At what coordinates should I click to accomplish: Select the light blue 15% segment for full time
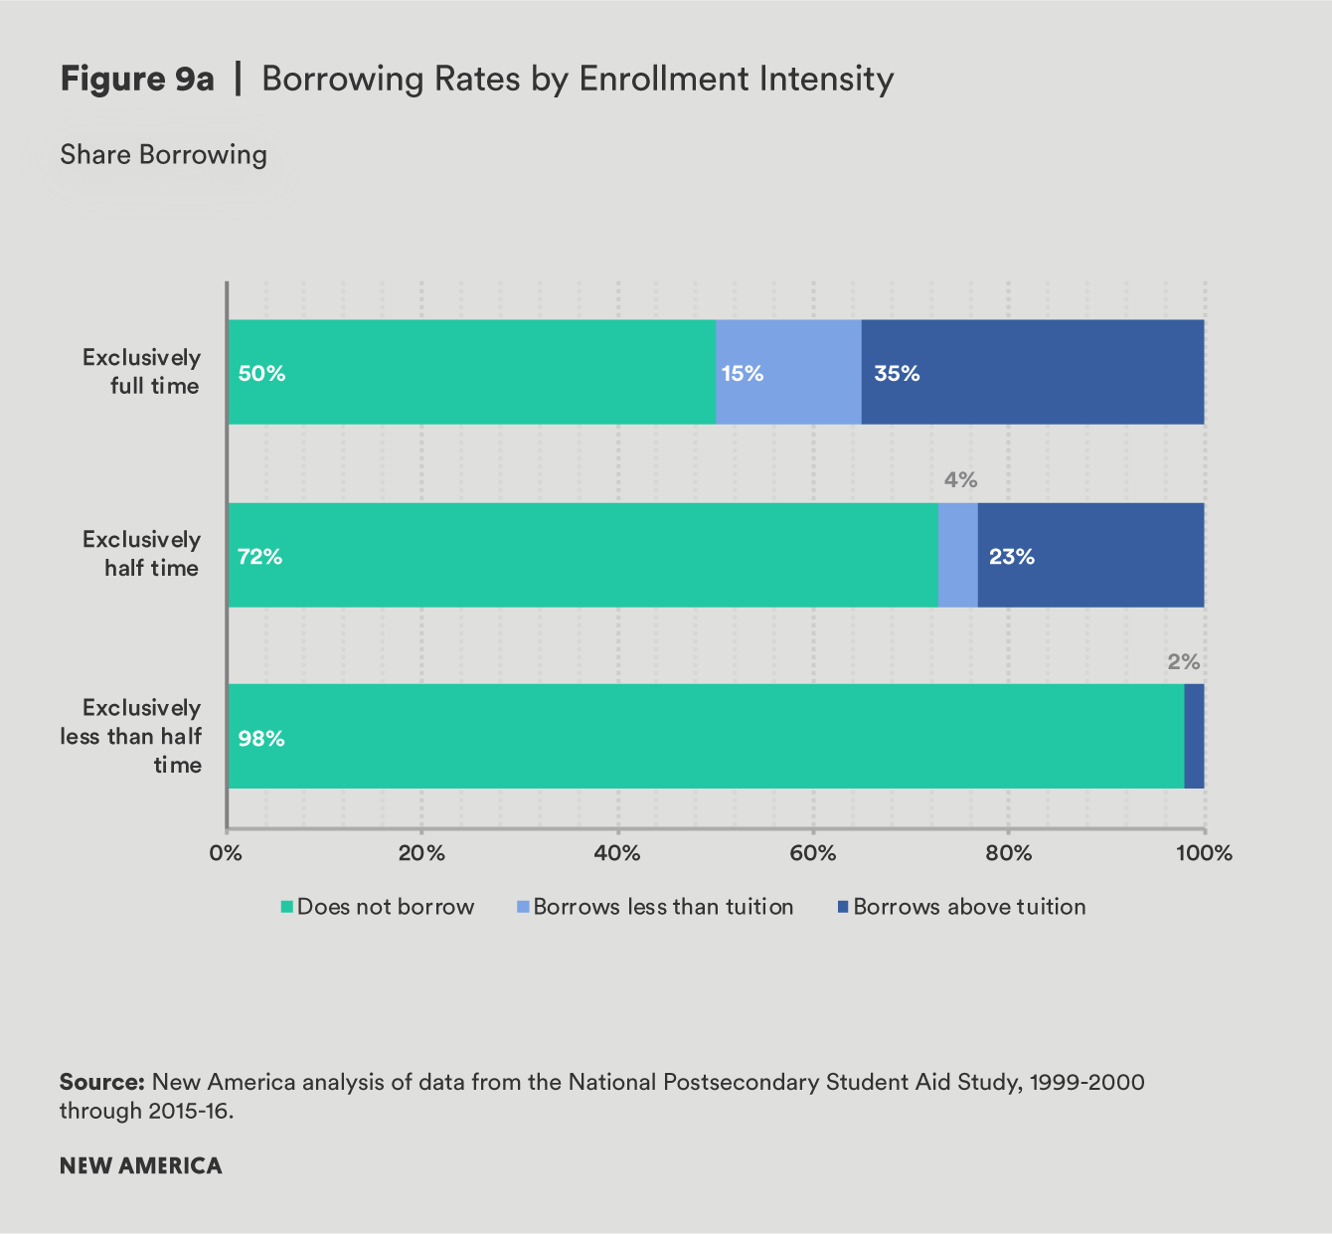[787, 372]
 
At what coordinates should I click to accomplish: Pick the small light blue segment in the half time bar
[957, 555]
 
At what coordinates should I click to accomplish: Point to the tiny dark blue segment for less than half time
[1194, 736]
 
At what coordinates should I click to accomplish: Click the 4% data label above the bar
[960, 480]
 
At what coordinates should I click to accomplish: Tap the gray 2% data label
[1183, 662]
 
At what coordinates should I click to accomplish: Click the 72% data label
[260, 557]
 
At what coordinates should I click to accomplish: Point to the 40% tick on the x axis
[617, 853]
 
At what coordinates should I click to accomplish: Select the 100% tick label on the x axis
[1204, 853]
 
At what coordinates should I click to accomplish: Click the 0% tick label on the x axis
[227, 853]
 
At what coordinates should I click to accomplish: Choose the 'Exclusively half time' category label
[142, 554]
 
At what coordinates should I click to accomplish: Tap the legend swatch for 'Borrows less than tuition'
[523, 907]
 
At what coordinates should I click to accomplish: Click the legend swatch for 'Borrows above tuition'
[843, 907]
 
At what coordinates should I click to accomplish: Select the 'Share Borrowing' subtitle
[164, 155]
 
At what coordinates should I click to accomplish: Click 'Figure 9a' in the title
[137, 80]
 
